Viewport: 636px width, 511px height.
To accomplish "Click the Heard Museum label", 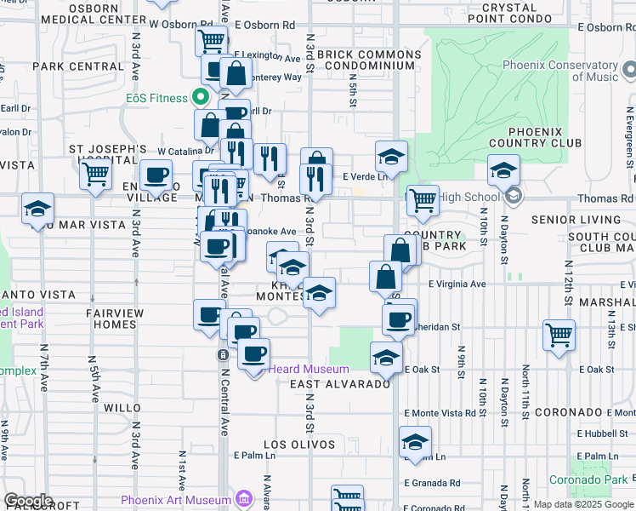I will [309, 369].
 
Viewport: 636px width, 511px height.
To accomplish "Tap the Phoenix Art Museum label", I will [176, 500].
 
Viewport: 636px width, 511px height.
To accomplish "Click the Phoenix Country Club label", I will [537, 138].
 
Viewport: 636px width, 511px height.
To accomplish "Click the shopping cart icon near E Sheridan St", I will [559, 335].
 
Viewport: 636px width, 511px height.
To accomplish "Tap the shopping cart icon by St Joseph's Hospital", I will [96, 175].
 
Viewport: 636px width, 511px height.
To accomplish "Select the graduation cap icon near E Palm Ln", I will [415, 442].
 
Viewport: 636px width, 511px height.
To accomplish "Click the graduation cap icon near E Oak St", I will [386, 358].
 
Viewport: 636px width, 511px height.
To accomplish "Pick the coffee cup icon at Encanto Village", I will [156, 175].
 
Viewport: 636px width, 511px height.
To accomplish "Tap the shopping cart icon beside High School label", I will [423, 201].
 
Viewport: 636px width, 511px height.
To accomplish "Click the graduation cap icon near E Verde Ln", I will [391, 157].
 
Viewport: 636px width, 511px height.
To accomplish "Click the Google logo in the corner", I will [28, 501].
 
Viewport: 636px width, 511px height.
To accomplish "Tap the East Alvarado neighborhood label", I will [339, 384].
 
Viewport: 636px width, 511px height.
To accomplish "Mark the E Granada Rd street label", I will [433, 483].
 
